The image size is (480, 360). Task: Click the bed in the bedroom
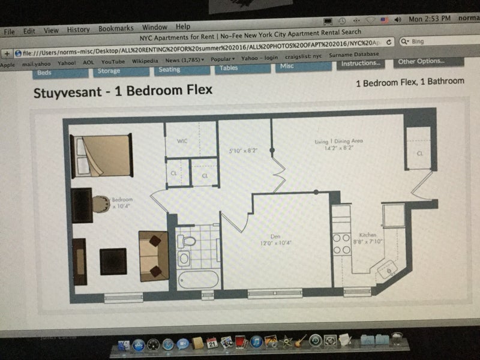click(x=102, y=155)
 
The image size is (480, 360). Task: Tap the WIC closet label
click(x=182, y=142)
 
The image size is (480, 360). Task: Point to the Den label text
click(x=276, y=236)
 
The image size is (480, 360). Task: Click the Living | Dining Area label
click(x=339, y=142)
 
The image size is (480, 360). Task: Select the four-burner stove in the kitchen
click(x=341, y=243)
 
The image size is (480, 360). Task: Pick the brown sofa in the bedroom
click(x=154, y=256)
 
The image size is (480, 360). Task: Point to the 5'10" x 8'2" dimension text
click(x=244, y=151)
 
